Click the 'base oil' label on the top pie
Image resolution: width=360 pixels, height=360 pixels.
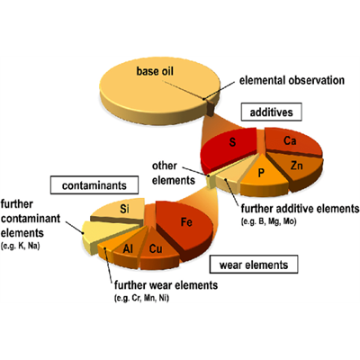click(156, 70)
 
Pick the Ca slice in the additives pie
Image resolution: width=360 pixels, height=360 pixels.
click(291, 141)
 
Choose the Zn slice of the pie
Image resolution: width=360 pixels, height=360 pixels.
click(296, 166)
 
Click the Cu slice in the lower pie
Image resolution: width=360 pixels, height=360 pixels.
click(156, 247)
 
